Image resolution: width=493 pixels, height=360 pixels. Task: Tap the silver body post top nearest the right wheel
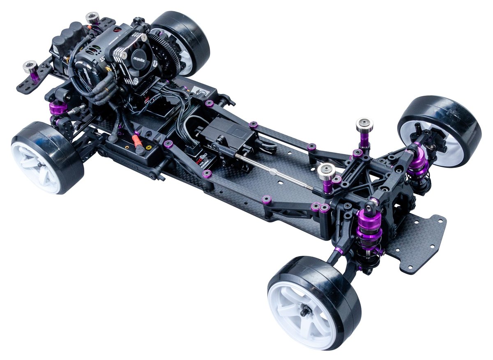[x=364, y=124]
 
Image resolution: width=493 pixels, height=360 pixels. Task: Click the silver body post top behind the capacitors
[x=92, y=18]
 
